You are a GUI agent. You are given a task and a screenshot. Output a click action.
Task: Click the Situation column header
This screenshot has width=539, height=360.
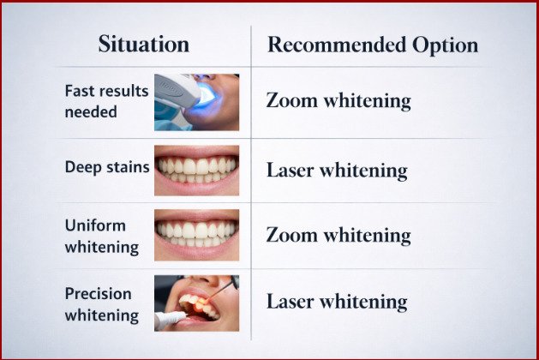click(145, 45)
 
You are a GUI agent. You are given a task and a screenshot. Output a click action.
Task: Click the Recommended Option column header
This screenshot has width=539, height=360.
click(372, 45)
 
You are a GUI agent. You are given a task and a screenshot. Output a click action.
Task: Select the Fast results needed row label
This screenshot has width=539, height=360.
click(106, 102)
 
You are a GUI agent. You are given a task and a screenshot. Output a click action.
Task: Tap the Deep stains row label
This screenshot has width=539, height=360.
click(104, 166)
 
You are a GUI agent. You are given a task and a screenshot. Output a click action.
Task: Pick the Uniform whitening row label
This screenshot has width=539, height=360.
click(102, 236)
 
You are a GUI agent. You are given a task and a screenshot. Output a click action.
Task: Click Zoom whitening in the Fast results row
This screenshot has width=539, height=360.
click(338, 101)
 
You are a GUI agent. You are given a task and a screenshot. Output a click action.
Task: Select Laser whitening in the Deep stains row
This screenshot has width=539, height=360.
click(336, 170)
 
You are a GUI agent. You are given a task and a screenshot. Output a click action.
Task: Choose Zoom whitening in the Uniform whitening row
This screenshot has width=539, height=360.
click(338, 235)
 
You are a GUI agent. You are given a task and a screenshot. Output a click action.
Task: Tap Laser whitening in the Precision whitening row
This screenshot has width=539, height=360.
click(336, 302)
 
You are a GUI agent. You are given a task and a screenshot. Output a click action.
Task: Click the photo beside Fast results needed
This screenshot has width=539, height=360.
click(196, 101)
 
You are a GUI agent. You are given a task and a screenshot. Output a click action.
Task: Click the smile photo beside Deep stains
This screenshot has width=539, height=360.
click(196, 170)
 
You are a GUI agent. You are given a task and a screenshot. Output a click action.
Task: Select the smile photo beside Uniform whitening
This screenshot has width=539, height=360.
click(196, 235)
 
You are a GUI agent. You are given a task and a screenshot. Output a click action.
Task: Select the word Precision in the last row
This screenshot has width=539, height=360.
click(97, 294)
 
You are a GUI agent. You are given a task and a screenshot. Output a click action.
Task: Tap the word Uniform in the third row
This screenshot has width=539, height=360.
click(95, 225)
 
